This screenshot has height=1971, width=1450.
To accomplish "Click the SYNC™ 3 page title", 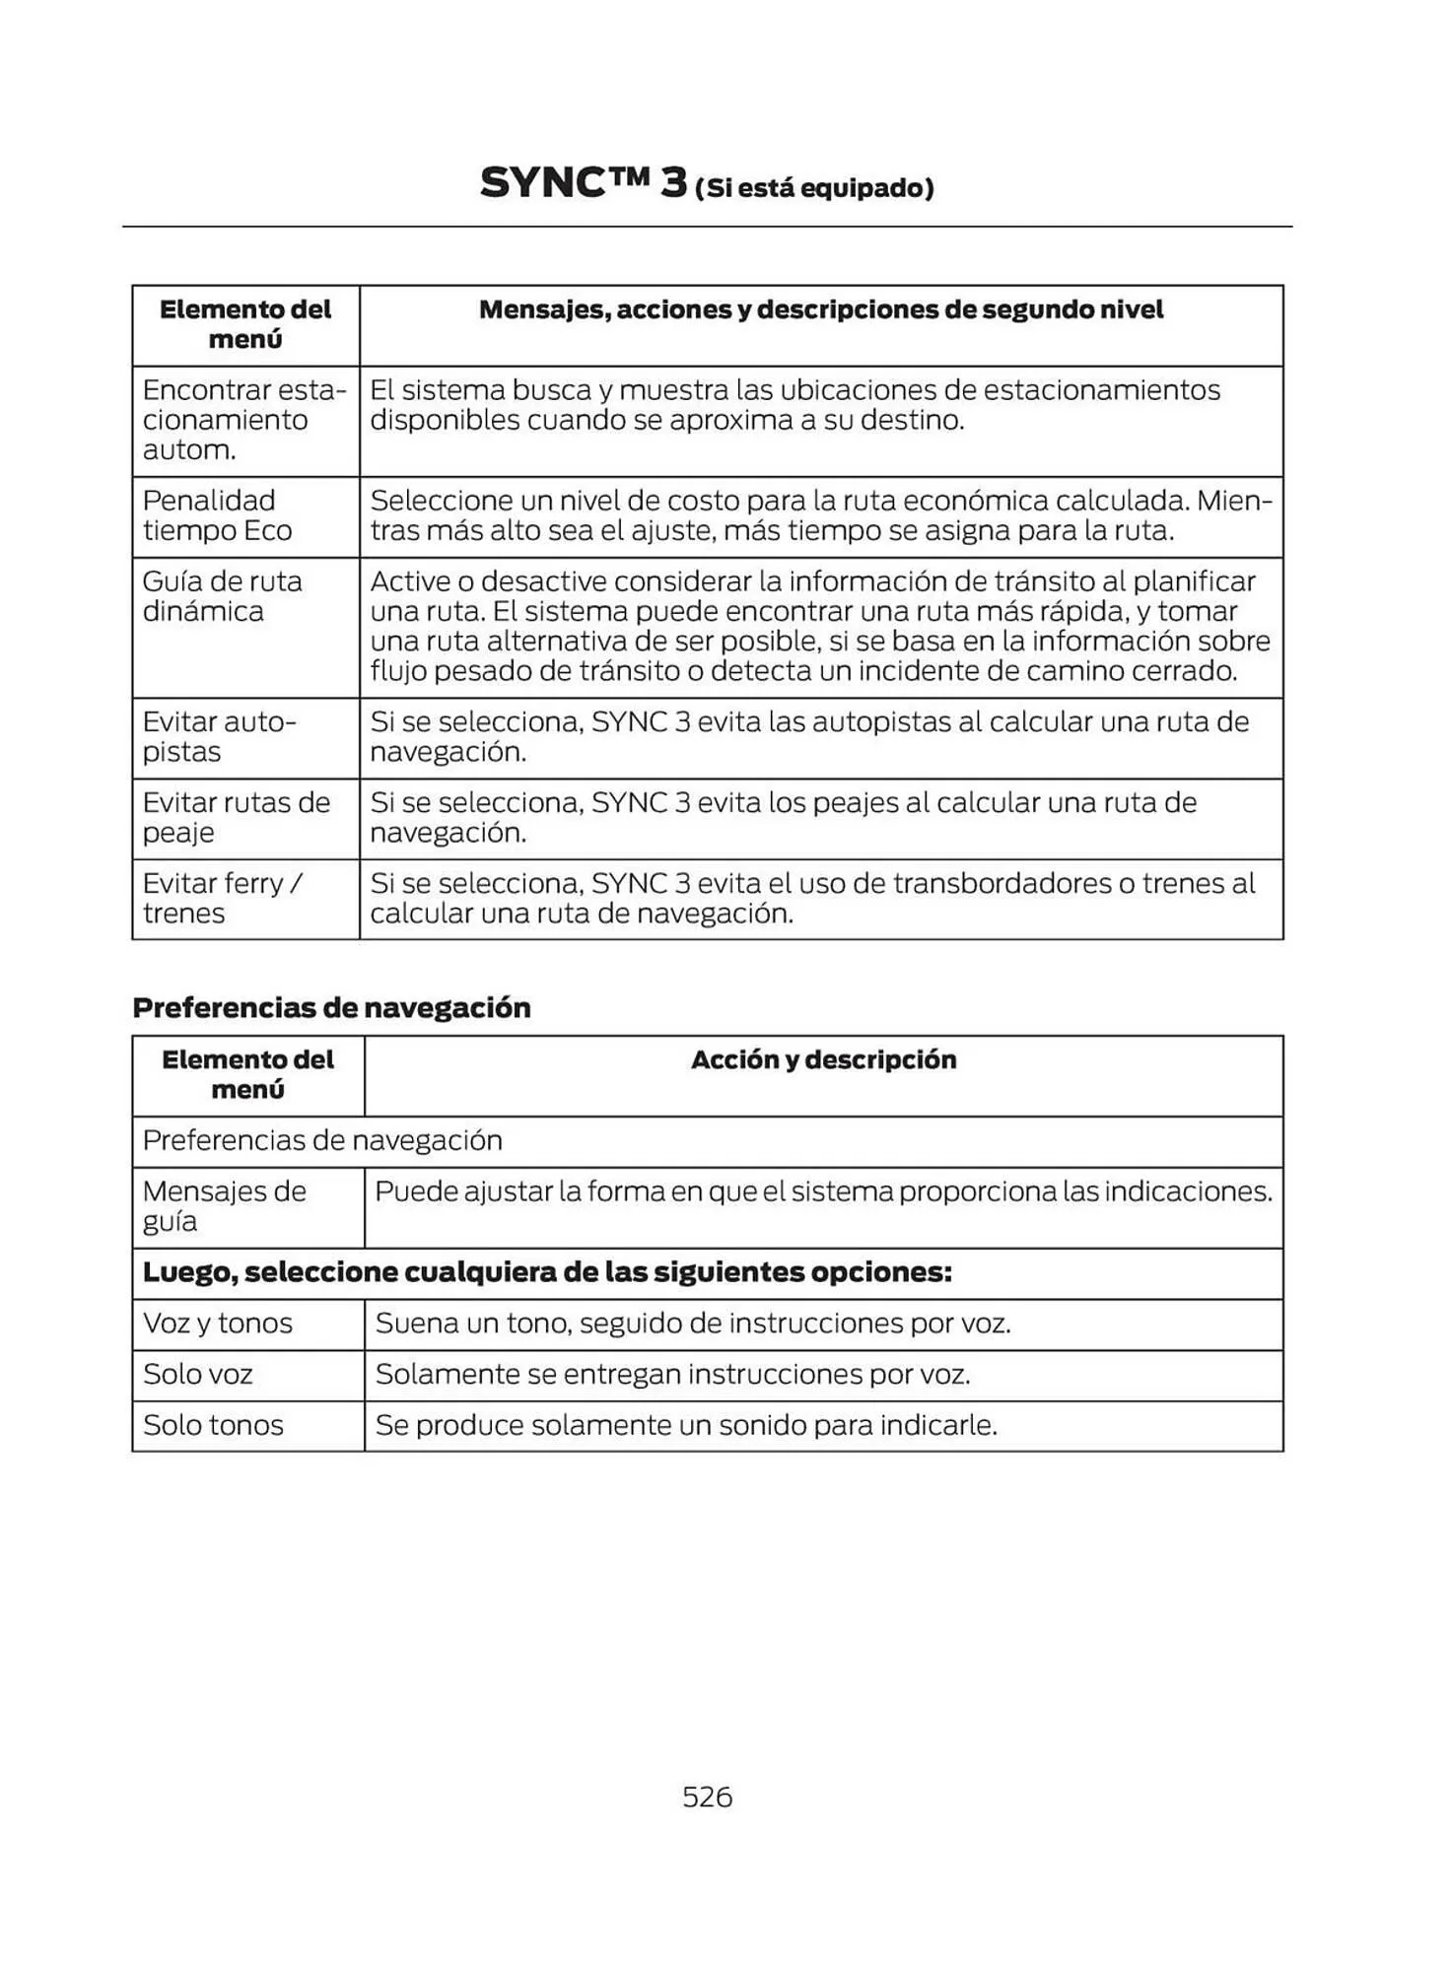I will coord(583,183).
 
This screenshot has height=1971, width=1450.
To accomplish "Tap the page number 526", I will coord(707,1797).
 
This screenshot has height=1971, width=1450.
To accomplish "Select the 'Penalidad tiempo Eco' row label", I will coord(217,515).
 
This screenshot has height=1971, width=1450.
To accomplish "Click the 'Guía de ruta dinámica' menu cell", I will coord(222,596).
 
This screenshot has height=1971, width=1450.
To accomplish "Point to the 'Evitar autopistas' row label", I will coord(219,737).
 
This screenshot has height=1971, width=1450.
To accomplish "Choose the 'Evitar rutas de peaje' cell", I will coord(236,817).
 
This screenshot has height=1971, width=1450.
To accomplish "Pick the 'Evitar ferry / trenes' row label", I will coord(222,898).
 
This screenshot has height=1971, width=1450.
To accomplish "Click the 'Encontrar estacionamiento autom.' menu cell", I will coord(243,420).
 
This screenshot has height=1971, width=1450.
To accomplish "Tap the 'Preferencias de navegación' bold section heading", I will coord(331,1007).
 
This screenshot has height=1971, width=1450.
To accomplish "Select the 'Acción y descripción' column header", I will coord(823,1059).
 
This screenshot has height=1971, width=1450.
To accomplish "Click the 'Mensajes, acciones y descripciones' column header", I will coord(820,309).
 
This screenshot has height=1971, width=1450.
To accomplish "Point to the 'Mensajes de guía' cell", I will coord(224,1206).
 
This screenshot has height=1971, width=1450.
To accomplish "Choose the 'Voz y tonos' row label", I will coord(218,1323).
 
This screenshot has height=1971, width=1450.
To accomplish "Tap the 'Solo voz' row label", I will coord(198,1374).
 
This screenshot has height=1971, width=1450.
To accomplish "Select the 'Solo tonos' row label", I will coord(213,1425).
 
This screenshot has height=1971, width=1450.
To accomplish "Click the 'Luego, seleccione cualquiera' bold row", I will coord(547,1272).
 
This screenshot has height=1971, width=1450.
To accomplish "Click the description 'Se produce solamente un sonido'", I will coord(686,1425).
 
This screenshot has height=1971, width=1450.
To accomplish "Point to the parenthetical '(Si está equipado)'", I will coord(814,188).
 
